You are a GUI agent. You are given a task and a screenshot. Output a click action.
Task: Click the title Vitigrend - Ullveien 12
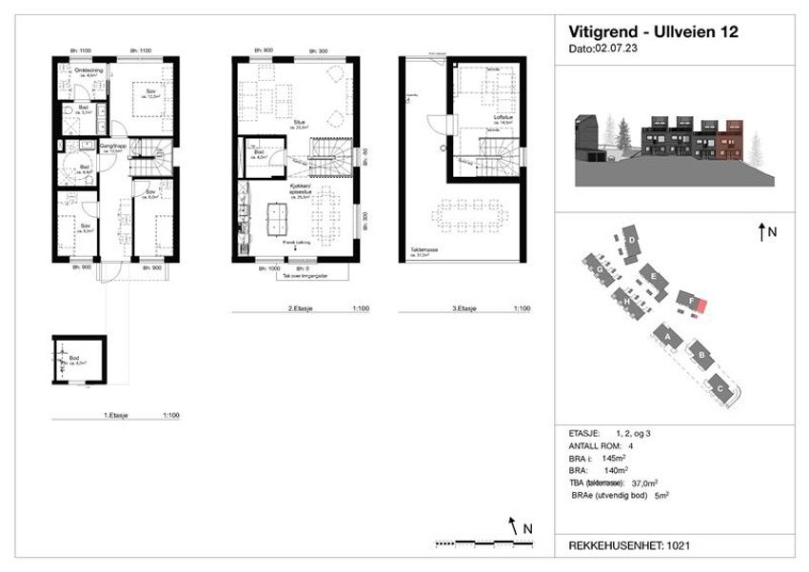(x=653, y=31)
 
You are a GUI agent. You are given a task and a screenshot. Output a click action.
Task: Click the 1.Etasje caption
(x=116, y=416)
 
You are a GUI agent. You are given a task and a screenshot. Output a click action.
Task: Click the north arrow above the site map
(x=762, y=230)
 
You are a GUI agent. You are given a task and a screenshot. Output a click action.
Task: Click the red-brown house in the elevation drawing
(x=734, y=135)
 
